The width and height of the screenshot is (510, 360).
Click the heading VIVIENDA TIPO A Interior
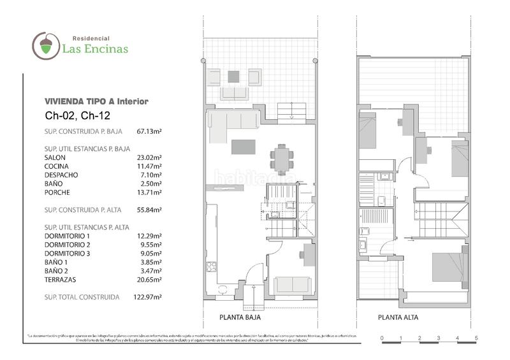[96, 101]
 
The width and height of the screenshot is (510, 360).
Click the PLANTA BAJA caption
[240, 317]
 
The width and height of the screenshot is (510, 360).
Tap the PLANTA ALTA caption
[398, 317]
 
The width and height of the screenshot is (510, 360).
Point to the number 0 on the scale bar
[381, 337]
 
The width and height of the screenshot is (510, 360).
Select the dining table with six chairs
[281, 158]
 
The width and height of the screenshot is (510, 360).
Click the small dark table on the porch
[234, 76]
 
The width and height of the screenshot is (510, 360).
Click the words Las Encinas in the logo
[94, 48]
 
